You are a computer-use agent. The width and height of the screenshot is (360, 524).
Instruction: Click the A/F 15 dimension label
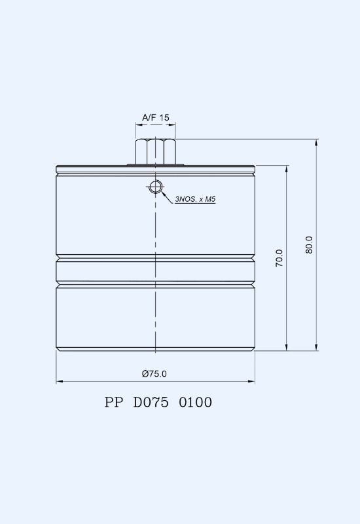tap(156, 118)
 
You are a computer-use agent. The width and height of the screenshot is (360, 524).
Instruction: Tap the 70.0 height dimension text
tap(279, 258)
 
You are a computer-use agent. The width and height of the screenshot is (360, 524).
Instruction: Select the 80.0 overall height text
tap(309, 245)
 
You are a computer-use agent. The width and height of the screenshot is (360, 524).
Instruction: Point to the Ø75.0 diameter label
tap(154, 373)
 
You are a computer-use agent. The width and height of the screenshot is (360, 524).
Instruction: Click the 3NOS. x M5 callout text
tap(195, 199)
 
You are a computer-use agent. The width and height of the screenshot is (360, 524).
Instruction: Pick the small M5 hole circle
tap(155, 187)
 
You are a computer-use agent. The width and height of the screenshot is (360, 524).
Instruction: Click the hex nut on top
tap(156, 152)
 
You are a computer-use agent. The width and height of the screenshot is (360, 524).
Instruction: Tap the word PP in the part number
tap(113, 402)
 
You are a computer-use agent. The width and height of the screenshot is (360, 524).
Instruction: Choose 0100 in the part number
tap(195, 402)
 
